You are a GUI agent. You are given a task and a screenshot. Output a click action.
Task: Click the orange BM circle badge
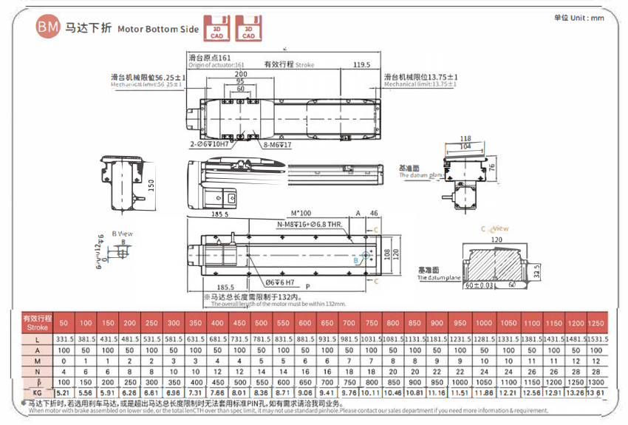pyautogui.click(x=48, y=28)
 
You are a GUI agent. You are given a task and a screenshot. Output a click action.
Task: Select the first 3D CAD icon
pyautogui.click(x=216, y=28)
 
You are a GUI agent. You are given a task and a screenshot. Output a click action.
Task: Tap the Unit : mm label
pyautogui.click(x=578, y=18)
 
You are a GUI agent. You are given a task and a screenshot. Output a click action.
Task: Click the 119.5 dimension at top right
pyautogui.click(x=361, y=64)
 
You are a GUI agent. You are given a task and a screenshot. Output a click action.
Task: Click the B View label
pyautogui.click(x=122, y=234)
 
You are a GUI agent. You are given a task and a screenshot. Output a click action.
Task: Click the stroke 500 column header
pyautogui.click(x=261, y=323)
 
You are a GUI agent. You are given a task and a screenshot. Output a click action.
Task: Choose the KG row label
pyautogui.click(x=37, y=392)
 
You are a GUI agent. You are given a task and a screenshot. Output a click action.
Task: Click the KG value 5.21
pyautogui.click(x=63, y=392)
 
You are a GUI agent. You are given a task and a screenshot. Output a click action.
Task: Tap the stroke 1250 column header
pyautogui.click(x=596, y=323)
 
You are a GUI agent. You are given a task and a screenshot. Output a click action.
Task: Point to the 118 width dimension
pyautogui.click(x=465, y=138)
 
